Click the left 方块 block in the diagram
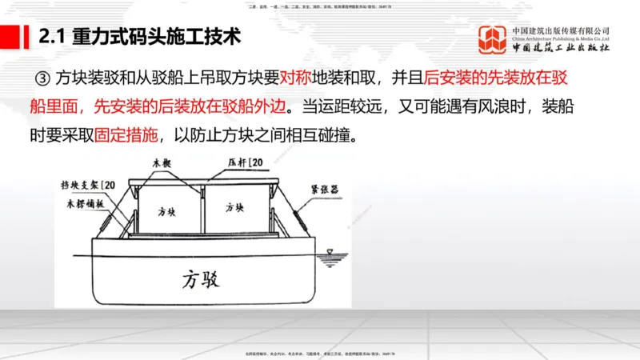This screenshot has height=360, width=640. point(166,210)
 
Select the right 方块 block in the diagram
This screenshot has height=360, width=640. point(234,209)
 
